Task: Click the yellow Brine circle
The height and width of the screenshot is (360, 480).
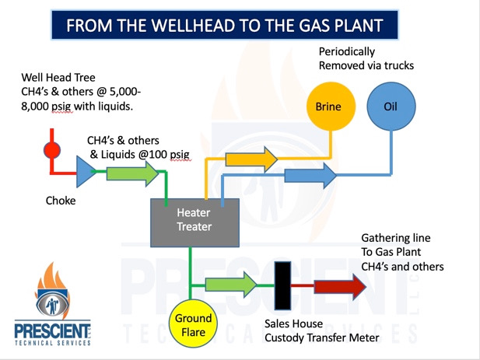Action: pyautogui.click(x=331, y=107)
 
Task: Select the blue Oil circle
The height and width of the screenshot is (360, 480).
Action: pyautogui.click(x=391, y=107)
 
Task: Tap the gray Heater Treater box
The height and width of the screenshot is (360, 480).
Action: pyautogui.click(x=194, y=222)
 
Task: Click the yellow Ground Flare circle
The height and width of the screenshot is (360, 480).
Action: pyautogui.click(x=193, y=323)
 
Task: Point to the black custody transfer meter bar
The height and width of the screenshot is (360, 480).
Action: pyautogui.click(x=282, y=285)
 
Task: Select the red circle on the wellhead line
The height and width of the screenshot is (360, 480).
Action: pyautogui.click(x=52, y=150)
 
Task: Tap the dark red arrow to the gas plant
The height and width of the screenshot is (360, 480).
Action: pyautogui.click(x=340, y=286)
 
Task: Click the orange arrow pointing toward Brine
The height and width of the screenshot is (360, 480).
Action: pyautogui.click(x=251, y=159)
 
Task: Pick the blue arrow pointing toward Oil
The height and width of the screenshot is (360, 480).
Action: pyautogui.click(x=310, y=176)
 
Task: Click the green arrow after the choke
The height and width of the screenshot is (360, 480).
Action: pyautogui.click(x=132, y=173)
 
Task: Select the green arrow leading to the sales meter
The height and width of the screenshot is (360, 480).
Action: pyautogui.click(x=231, y=285)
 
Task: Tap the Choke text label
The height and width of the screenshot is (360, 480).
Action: pyautogui.click(x=61, y=201)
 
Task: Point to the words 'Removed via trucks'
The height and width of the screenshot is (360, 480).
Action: pyautogui.click(x=366, y=65)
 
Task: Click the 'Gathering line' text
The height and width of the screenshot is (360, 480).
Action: pyautogui.click(x=396, y=238)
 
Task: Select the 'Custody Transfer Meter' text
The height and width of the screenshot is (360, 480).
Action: pyautogui.click(x=322, y=337)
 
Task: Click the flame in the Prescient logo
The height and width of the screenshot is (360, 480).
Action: pyautogui.click(x=53, y=278)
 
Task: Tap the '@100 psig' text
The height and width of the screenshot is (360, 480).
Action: pyautogui.click(x=164, y=155)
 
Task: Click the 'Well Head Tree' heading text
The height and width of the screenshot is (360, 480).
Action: pyautogui.click(x=58, y=78)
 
